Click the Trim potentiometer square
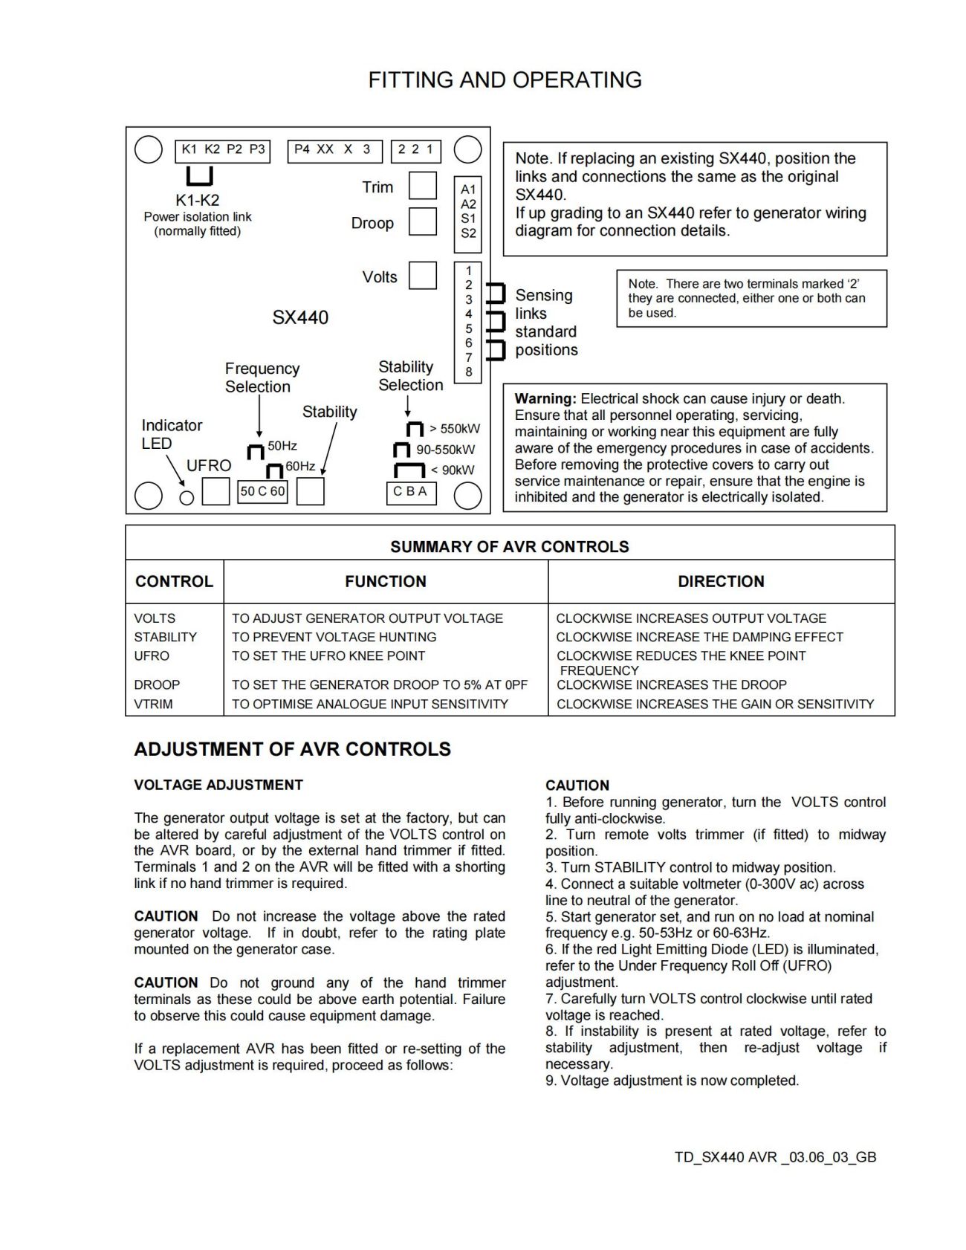[x=423, y=185]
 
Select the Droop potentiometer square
[x=423, y=221]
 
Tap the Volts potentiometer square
[x=423, y=275]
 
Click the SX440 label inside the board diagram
[x=300, y=317]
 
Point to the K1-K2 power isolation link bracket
[x=199, y=176]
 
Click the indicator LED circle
[x=187, y=497]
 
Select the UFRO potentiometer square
[x=215, y=491]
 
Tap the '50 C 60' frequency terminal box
[x=262, y=491]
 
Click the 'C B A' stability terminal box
[x=410, y=492]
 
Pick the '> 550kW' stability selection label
[x=455, y=429]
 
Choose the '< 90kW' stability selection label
[x=453, y=470]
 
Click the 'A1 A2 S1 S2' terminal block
[x=468, y=211]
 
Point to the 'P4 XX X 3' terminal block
[x=334, y=150]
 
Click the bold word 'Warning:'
[x=545, y=399]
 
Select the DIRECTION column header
[x=721, y=581]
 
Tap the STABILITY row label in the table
[x=166, y=637]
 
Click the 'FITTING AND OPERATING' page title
[x=505, y=80]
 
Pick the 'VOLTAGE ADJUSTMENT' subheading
[x=218, y=785]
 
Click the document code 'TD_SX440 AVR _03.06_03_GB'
[x=775, y=1157]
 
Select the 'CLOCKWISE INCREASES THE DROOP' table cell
[x=672, y=684]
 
